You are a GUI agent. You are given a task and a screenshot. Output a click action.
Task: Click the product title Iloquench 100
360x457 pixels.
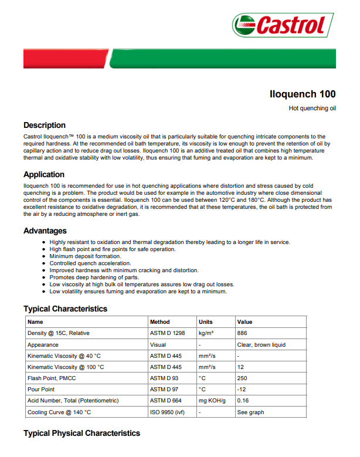303,94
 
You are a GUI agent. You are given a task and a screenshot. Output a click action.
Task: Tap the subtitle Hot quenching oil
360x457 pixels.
313,109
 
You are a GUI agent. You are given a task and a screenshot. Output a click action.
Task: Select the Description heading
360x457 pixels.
45,125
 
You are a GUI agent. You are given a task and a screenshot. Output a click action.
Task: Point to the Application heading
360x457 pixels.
44,174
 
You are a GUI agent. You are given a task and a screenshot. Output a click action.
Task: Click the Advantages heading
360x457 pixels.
45,231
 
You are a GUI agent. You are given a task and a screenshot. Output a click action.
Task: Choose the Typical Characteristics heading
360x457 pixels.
65,309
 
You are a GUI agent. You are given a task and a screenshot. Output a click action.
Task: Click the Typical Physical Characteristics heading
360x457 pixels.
81,433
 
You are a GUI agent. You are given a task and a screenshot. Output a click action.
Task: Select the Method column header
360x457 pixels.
160,322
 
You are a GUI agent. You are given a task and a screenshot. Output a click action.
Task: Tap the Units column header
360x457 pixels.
206,322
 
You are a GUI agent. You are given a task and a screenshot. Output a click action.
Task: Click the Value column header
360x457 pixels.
244,322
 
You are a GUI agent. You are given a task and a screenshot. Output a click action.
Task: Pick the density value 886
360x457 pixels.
242,333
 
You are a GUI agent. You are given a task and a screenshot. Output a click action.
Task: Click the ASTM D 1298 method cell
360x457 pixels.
168,333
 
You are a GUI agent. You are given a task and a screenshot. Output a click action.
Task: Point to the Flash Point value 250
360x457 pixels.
242,378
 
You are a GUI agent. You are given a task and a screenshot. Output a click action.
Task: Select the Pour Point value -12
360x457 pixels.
240,390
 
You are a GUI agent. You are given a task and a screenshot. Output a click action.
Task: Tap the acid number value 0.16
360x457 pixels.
243,401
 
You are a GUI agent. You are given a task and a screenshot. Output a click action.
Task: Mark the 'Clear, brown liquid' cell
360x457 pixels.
261,345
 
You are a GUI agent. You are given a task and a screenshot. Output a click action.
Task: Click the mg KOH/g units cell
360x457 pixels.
212,401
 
